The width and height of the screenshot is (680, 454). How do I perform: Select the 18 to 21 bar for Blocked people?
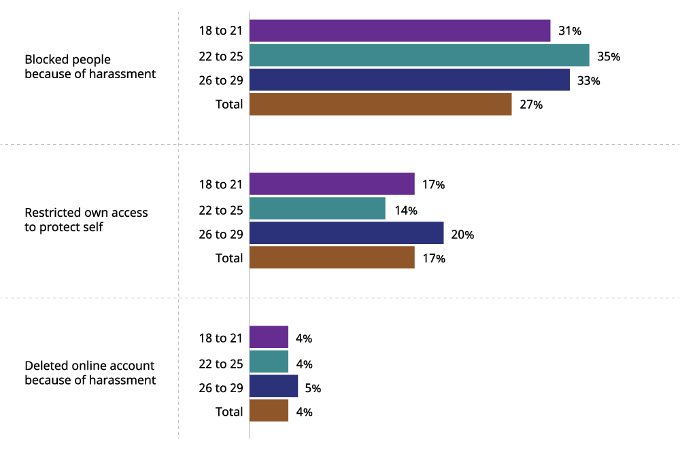(x=400, y=31)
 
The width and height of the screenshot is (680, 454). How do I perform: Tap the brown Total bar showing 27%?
(x=380, y=105)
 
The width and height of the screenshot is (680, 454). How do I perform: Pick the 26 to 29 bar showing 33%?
(x=409, y=80)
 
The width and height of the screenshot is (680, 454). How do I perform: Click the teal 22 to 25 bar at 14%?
(x=318, y=209)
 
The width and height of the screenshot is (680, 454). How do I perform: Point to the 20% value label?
(x=463, y=234)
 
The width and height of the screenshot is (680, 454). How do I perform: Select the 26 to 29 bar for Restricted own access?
(x=346, y=234)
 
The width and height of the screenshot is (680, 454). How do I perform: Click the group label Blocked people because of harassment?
(x=90, y=67)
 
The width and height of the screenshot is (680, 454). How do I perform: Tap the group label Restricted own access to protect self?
(x=86, y=220)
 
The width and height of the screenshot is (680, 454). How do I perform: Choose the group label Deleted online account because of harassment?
(x=90, y=373)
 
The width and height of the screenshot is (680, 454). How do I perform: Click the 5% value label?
(x=313, y=389)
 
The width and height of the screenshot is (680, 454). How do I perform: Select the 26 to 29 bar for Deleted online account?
(x=273, y=387)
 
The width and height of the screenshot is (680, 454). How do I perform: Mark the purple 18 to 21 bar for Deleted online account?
(x=269, y=338)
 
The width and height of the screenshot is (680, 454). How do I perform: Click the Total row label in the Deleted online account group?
(x=228, y=412)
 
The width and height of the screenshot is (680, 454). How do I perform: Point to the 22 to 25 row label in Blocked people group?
(x=220, y=56)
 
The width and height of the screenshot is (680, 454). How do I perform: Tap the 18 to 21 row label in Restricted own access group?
(x=220, y=184)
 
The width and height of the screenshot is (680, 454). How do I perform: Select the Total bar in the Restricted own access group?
(x=332, y=258)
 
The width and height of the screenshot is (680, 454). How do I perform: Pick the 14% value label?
(x=405, y=209)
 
